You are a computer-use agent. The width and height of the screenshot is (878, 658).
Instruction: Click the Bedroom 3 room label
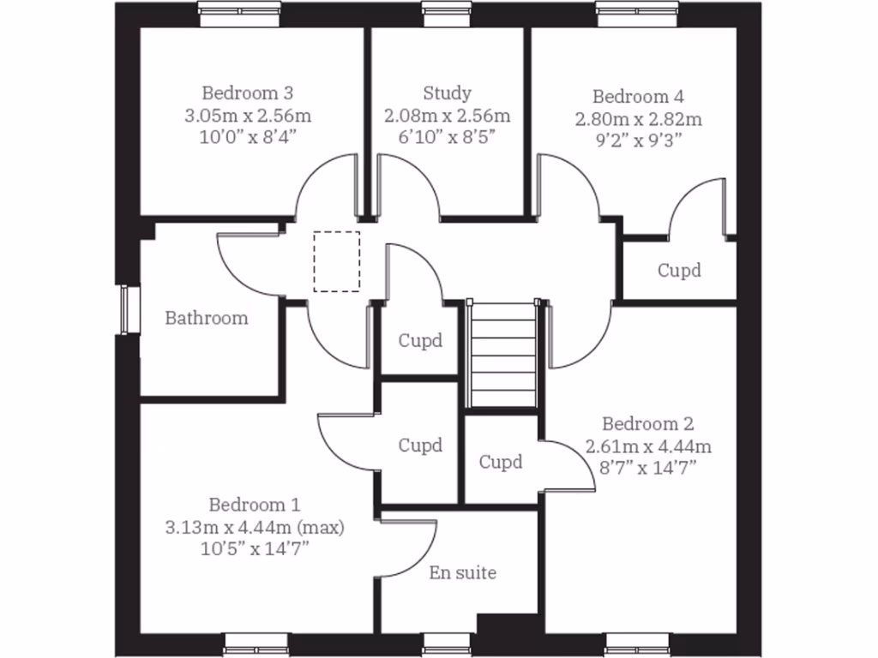point(248,93)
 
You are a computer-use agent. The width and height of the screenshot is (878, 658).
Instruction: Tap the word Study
point(447,93)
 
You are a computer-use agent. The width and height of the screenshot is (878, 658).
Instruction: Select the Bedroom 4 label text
point(638,96)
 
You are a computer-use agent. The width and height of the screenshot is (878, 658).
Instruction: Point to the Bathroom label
point(207,318)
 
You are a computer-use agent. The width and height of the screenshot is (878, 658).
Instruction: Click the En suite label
point(462,572)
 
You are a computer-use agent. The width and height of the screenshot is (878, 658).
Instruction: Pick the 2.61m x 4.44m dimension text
point(648,446)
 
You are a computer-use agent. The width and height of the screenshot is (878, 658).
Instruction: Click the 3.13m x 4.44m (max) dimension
point(255,527)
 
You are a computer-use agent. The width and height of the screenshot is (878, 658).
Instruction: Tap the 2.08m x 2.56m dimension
point(447,115)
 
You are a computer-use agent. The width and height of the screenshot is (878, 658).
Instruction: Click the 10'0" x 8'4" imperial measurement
point(248,135)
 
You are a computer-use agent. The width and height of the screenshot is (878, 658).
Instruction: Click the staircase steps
point(503,353)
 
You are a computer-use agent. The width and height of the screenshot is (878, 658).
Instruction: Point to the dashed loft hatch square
point(337,261)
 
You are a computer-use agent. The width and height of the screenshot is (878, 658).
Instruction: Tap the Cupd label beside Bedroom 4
point(679,270)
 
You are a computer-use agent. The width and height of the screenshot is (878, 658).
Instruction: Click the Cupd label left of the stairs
point(420,340)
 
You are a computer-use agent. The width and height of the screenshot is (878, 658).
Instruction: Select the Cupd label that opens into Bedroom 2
point(500,463)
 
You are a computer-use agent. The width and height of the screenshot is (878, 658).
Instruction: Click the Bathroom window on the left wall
point(129,308)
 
